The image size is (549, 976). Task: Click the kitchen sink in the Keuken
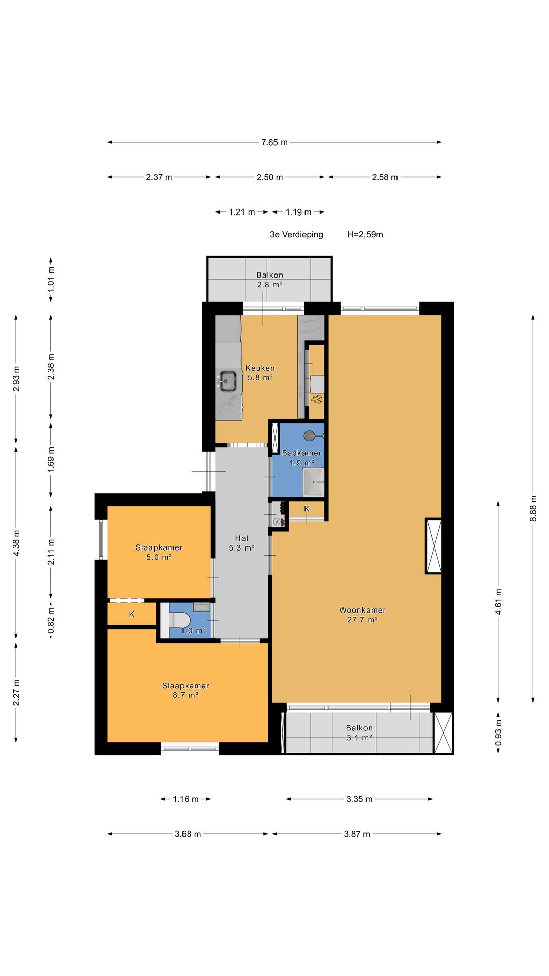point(228,381)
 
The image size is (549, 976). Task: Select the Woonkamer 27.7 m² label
point(362,615)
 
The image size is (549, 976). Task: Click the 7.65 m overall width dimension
point(274,142)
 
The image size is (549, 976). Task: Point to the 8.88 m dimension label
point(533,508)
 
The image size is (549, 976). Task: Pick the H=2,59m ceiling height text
point(365,234)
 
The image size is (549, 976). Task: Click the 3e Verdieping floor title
point(296,234)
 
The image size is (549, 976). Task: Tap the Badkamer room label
point(301,453)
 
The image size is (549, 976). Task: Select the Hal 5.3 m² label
point(241,543)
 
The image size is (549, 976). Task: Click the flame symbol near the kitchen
point(317,399)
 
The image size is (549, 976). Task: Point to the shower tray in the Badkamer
point(313,482)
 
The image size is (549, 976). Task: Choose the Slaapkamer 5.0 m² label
point(159,552)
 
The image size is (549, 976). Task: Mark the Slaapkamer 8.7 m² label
point(186,690)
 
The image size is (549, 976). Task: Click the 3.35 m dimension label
point(359,799)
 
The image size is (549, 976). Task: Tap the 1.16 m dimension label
point(186,799)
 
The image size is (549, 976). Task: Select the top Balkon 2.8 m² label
point(269,280)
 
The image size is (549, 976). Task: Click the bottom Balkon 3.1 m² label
point(359,733)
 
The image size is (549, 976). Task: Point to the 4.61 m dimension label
point(498,602)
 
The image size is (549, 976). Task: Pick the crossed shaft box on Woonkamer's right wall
point(434,546)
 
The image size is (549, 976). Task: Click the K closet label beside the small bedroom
point(132,614)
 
